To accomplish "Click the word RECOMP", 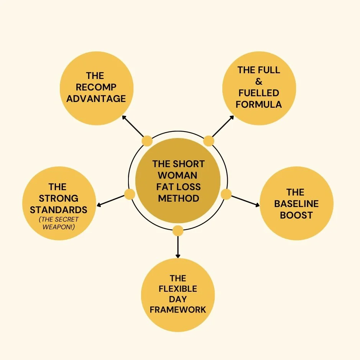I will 96,87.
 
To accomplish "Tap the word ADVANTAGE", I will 96,99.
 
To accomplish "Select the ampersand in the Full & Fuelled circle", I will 259,81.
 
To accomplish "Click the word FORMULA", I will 259,104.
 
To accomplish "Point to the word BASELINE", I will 296,204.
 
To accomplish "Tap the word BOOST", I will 296,215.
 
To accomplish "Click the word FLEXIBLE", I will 178,288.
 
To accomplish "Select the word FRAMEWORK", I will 178,309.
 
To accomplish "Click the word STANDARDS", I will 58,210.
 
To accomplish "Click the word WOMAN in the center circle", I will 178,176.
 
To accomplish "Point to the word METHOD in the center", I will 178,198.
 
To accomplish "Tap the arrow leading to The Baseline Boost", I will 246,201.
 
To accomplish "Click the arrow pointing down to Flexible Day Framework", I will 178,247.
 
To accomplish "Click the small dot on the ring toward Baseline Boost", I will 226,194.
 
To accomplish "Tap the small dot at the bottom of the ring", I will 178,230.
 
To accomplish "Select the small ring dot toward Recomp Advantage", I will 147,141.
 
